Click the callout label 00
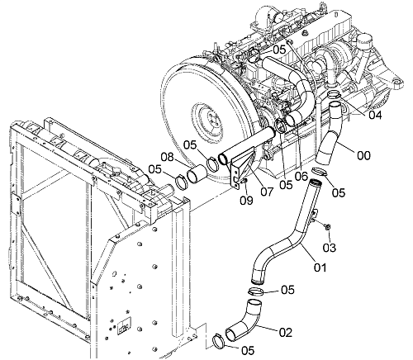363,155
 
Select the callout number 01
320,268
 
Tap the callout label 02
286,333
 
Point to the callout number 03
330,248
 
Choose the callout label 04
375,115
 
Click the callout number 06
301,177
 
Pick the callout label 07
267,192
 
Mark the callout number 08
168,158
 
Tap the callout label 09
246,201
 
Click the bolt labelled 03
328,226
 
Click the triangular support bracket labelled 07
242,172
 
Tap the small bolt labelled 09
244,181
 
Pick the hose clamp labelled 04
334,95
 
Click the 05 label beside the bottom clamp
248,350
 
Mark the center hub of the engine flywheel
210,121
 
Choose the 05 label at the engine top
279,50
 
